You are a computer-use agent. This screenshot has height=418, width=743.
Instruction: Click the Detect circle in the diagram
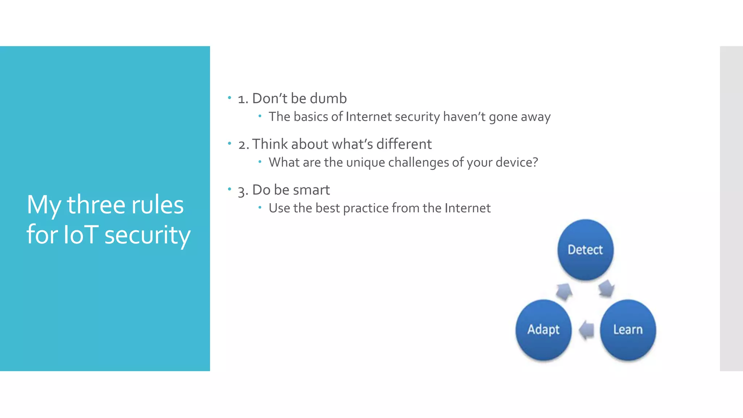[585, 250]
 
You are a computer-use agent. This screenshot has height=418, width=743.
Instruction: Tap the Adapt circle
[543, 329]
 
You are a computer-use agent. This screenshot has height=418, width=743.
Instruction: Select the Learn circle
[628, 329]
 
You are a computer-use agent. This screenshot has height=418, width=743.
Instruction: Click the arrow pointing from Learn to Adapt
[586, 330]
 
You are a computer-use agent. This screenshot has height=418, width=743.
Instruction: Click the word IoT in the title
[81, 234]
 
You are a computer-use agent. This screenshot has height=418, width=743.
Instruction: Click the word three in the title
[96, 205]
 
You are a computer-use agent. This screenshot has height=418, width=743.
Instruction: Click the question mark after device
[535, 162]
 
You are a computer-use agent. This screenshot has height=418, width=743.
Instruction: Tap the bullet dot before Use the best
[260, 208]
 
